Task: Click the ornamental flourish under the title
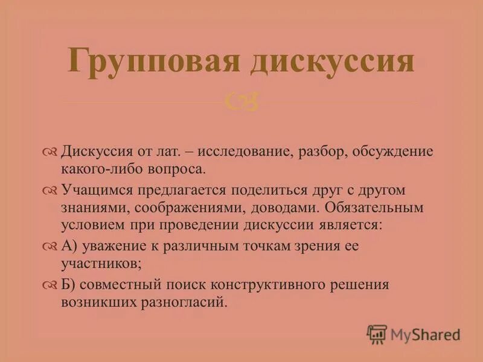pyautogui.click(x=241, y=101)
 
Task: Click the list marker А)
pyautogui.click(x=67, y=247)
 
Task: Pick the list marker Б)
pyautogui.click(x=66, y=285)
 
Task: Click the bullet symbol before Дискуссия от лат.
pyautogui.click(x=50, y=151)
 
